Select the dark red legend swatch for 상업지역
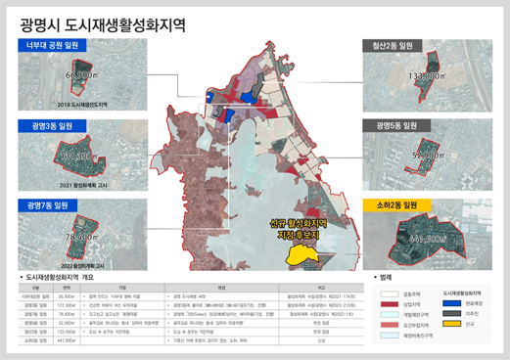[x=386, y=303]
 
